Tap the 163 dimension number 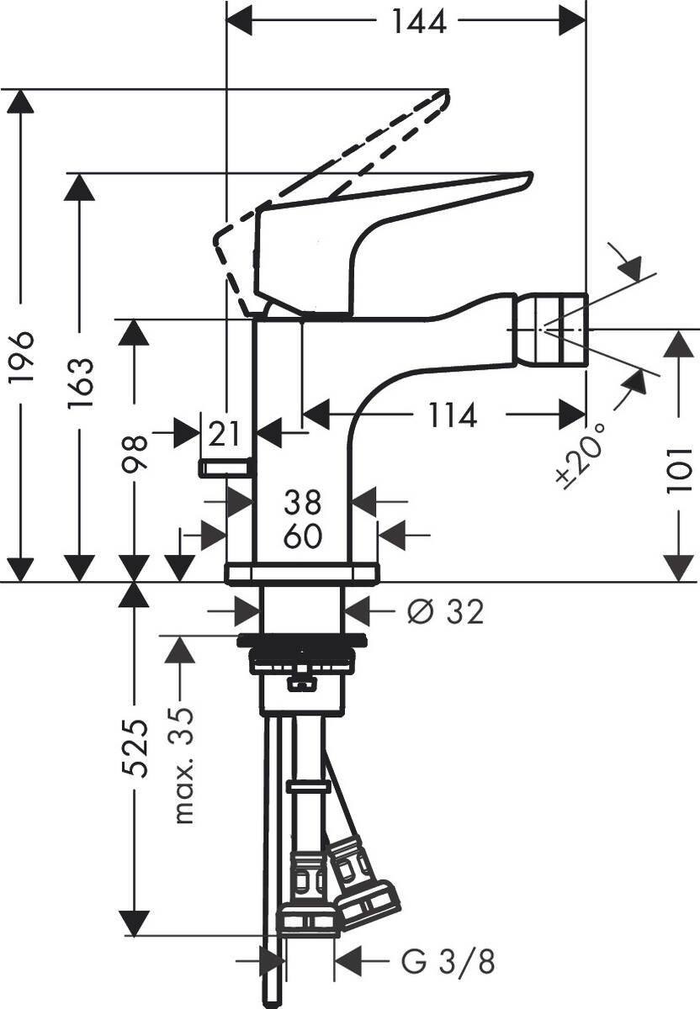coord(81,383)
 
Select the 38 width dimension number coord(303,503)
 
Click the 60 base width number coord(303,535)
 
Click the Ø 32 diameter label coord(445,612)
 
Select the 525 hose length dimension coord(135,748)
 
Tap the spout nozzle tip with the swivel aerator coord(559,329)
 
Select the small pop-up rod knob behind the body coord(225,468)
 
